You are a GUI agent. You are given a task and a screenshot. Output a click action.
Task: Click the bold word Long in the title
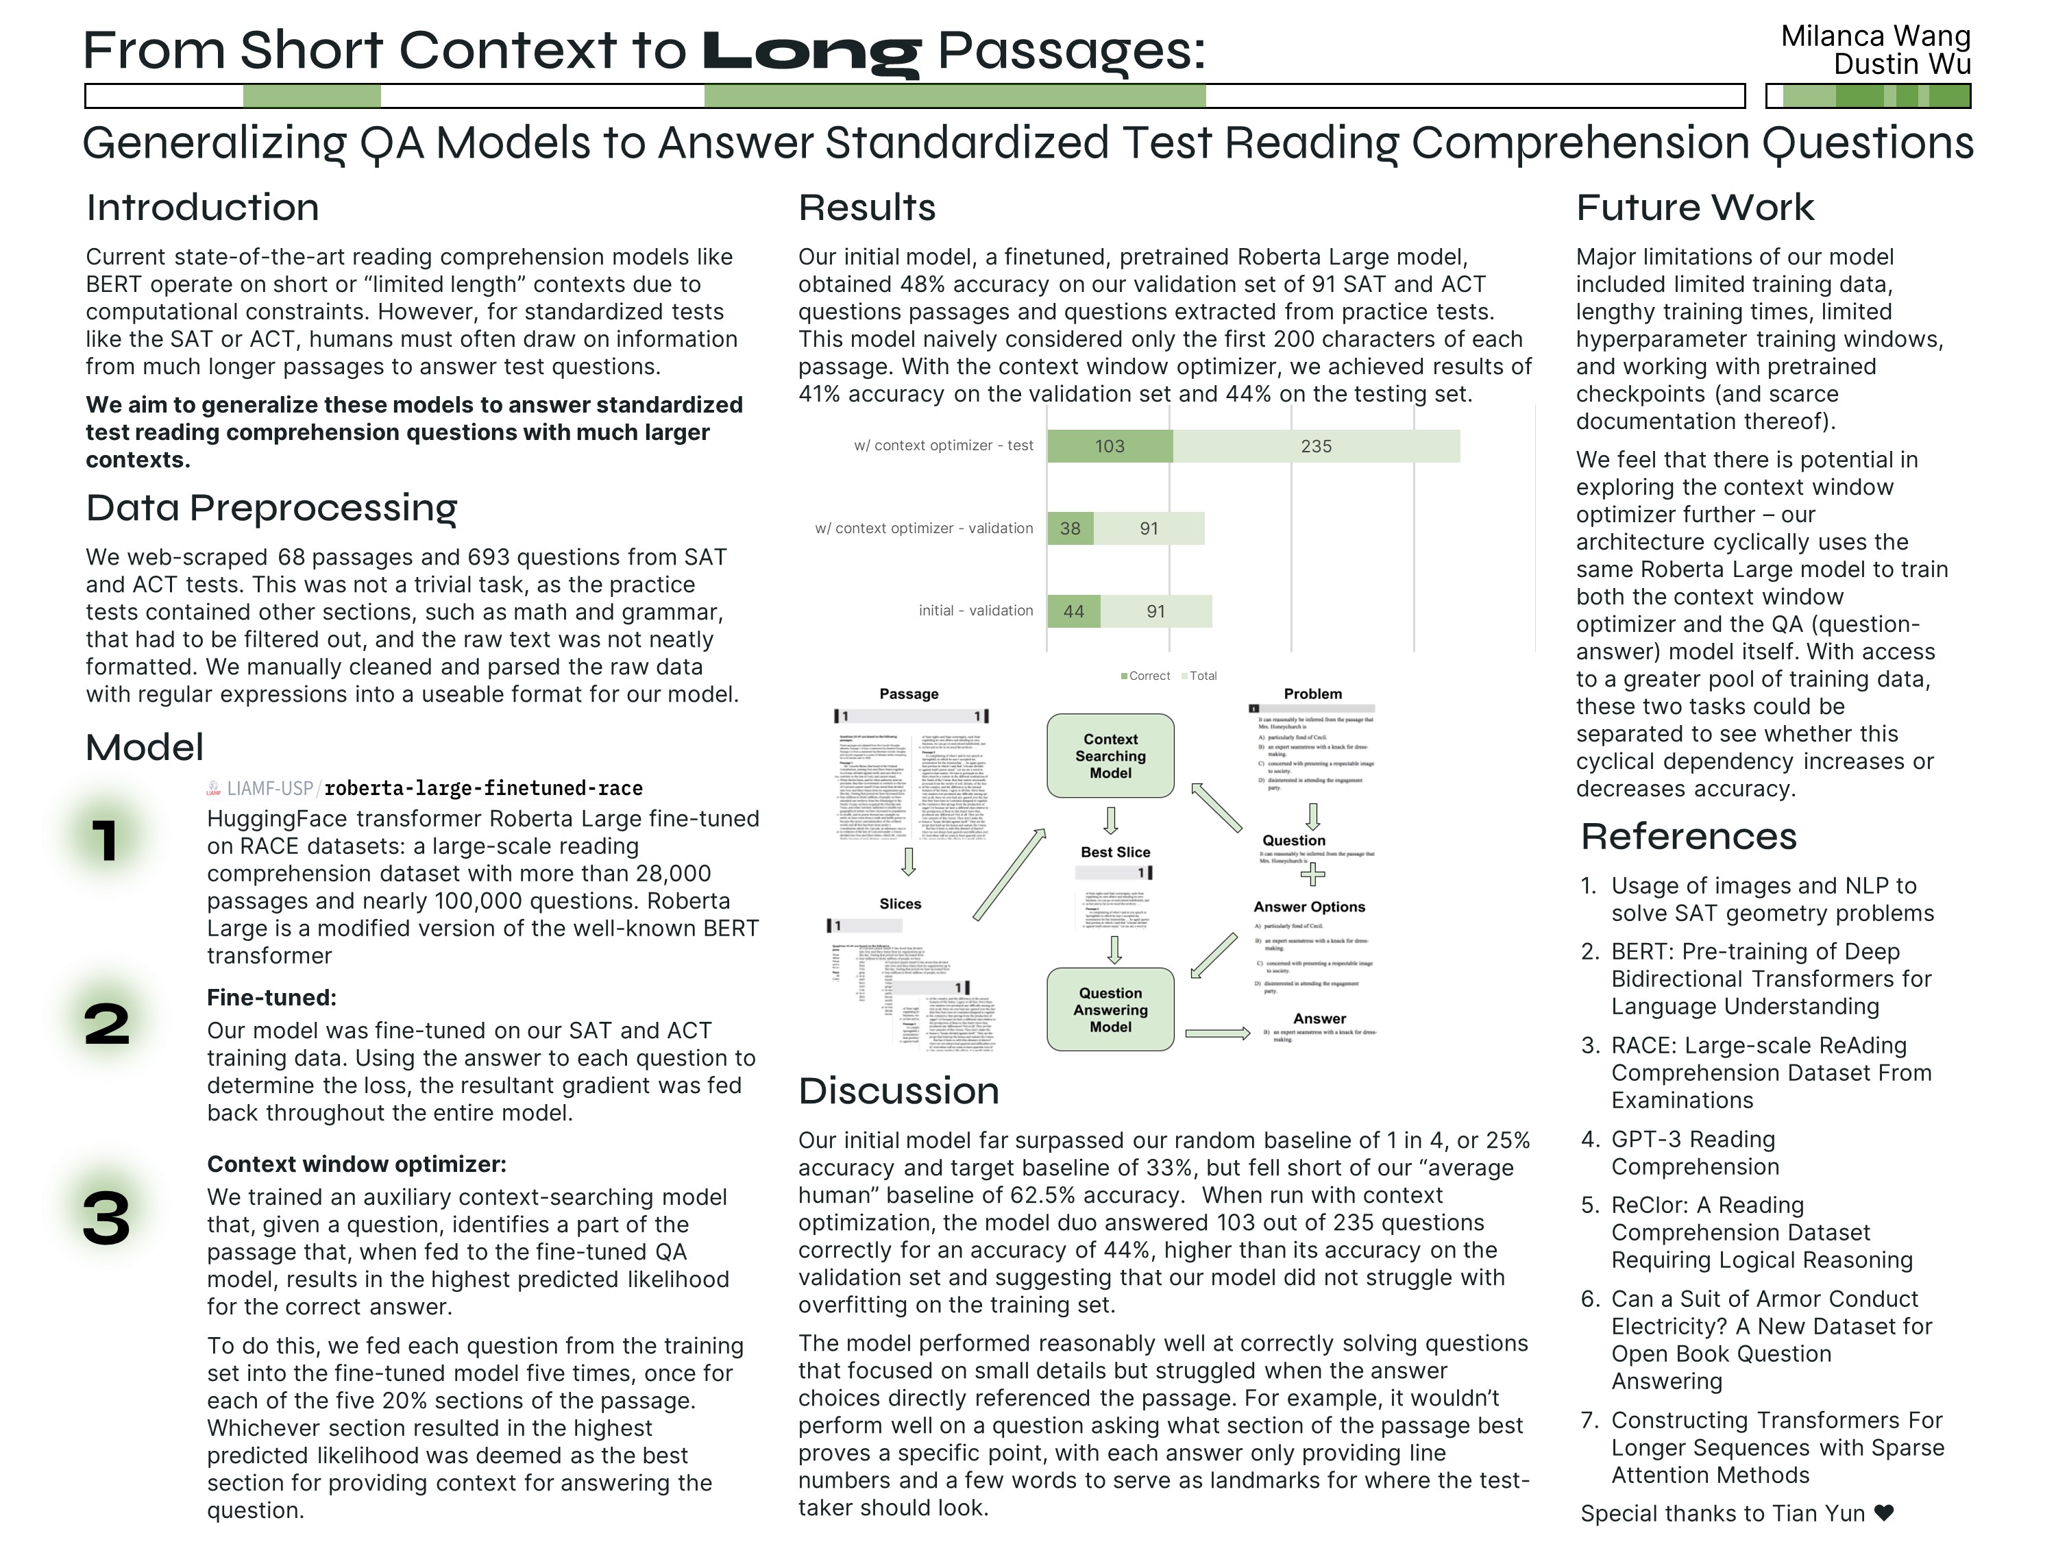[x=811, y=52]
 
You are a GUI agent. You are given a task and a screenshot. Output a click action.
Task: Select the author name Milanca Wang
[x=1875, y=36]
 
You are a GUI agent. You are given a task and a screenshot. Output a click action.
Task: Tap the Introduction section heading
[x=203, y=207]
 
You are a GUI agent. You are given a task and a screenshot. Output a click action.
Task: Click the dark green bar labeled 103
[x=1109, y=446]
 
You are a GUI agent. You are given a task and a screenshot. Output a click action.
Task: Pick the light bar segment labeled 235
[x=1316, y=446]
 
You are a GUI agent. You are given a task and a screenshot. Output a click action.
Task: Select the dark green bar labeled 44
[x=1073, y=611]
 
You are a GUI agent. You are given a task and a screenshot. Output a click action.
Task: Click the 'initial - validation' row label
[x=975, y=611]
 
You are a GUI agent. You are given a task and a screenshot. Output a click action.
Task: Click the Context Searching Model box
[x=1110, y=756]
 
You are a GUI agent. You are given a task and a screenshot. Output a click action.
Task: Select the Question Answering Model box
[x=1110, y=1009]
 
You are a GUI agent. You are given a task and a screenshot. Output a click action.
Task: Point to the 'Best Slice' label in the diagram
[x=1114, y=853]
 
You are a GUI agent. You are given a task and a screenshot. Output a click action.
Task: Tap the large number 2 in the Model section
[x=107, y=1025]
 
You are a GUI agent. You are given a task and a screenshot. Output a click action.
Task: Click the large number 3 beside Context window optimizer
[x=107, y=1218]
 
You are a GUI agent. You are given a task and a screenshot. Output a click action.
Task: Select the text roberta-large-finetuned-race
[x=483, y=788]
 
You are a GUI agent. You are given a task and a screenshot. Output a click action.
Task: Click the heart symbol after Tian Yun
[x=1884, y=1513]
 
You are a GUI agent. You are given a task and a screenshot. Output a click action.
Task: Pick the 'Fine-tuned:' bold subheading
[x=271, y=997]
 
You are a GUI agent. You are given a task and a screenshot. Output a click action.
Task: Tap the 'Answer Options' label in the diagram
[x=1309, y=907]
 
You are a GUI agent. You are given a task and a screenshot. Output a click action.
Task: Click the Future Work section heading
[x=1694, y=207]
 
